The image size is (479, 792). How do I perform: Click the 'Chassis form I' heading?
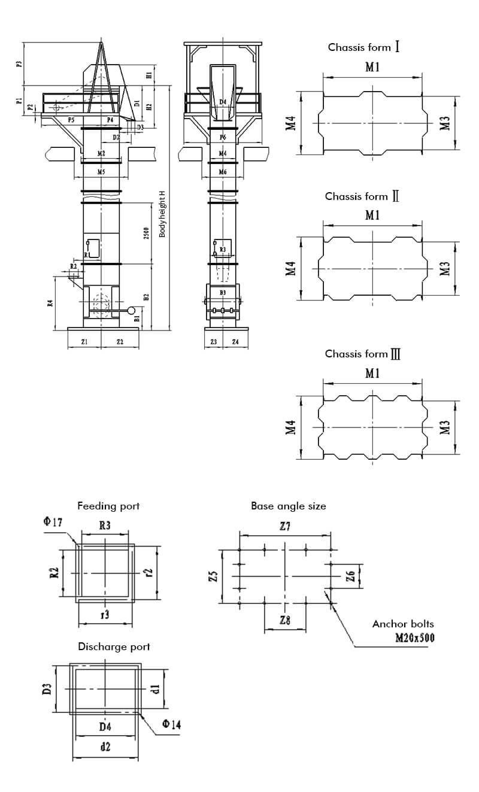point(364,47)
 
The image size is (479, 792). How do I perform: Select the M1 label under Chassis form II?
point(372,216)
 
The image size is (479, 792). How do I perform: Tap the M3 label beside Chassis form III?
point(444,427)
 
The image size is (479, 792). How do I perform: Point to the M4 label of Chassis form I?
point(291,123)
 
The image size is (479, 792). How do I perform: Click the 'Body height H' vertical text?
point(162,214)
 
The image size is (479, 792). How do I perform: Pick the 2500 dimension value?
point(147,233)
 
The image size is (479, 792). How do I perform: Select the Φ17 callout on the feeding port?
point(53,522)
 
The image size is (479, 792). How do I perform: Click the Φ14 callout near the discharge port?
point(171,725)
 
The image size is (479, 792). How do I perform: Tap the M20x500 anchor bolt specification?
point(415,638)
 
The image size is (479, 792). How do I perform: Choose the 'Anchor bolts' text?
point(402,624)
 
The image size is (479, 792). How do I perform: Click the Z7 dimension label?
point(284,526)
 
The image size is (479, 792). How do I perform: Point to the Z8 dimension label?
point(285,620)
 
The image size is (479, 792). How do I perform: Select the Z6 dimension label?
point(351,576)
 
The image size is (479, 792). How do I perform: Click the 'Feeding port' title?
point(108,506)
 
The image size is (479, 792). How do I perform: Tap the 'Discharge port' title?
point(114,647)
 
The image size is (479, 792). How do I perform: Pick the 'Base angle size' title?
point(289,506)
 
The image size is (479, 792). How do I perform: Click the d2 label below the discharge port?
point(105,747)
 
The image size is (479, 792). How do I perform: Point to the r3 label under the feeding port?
point(105,614)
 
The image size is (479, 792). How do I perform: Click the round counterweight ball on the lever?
point(132,310)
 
